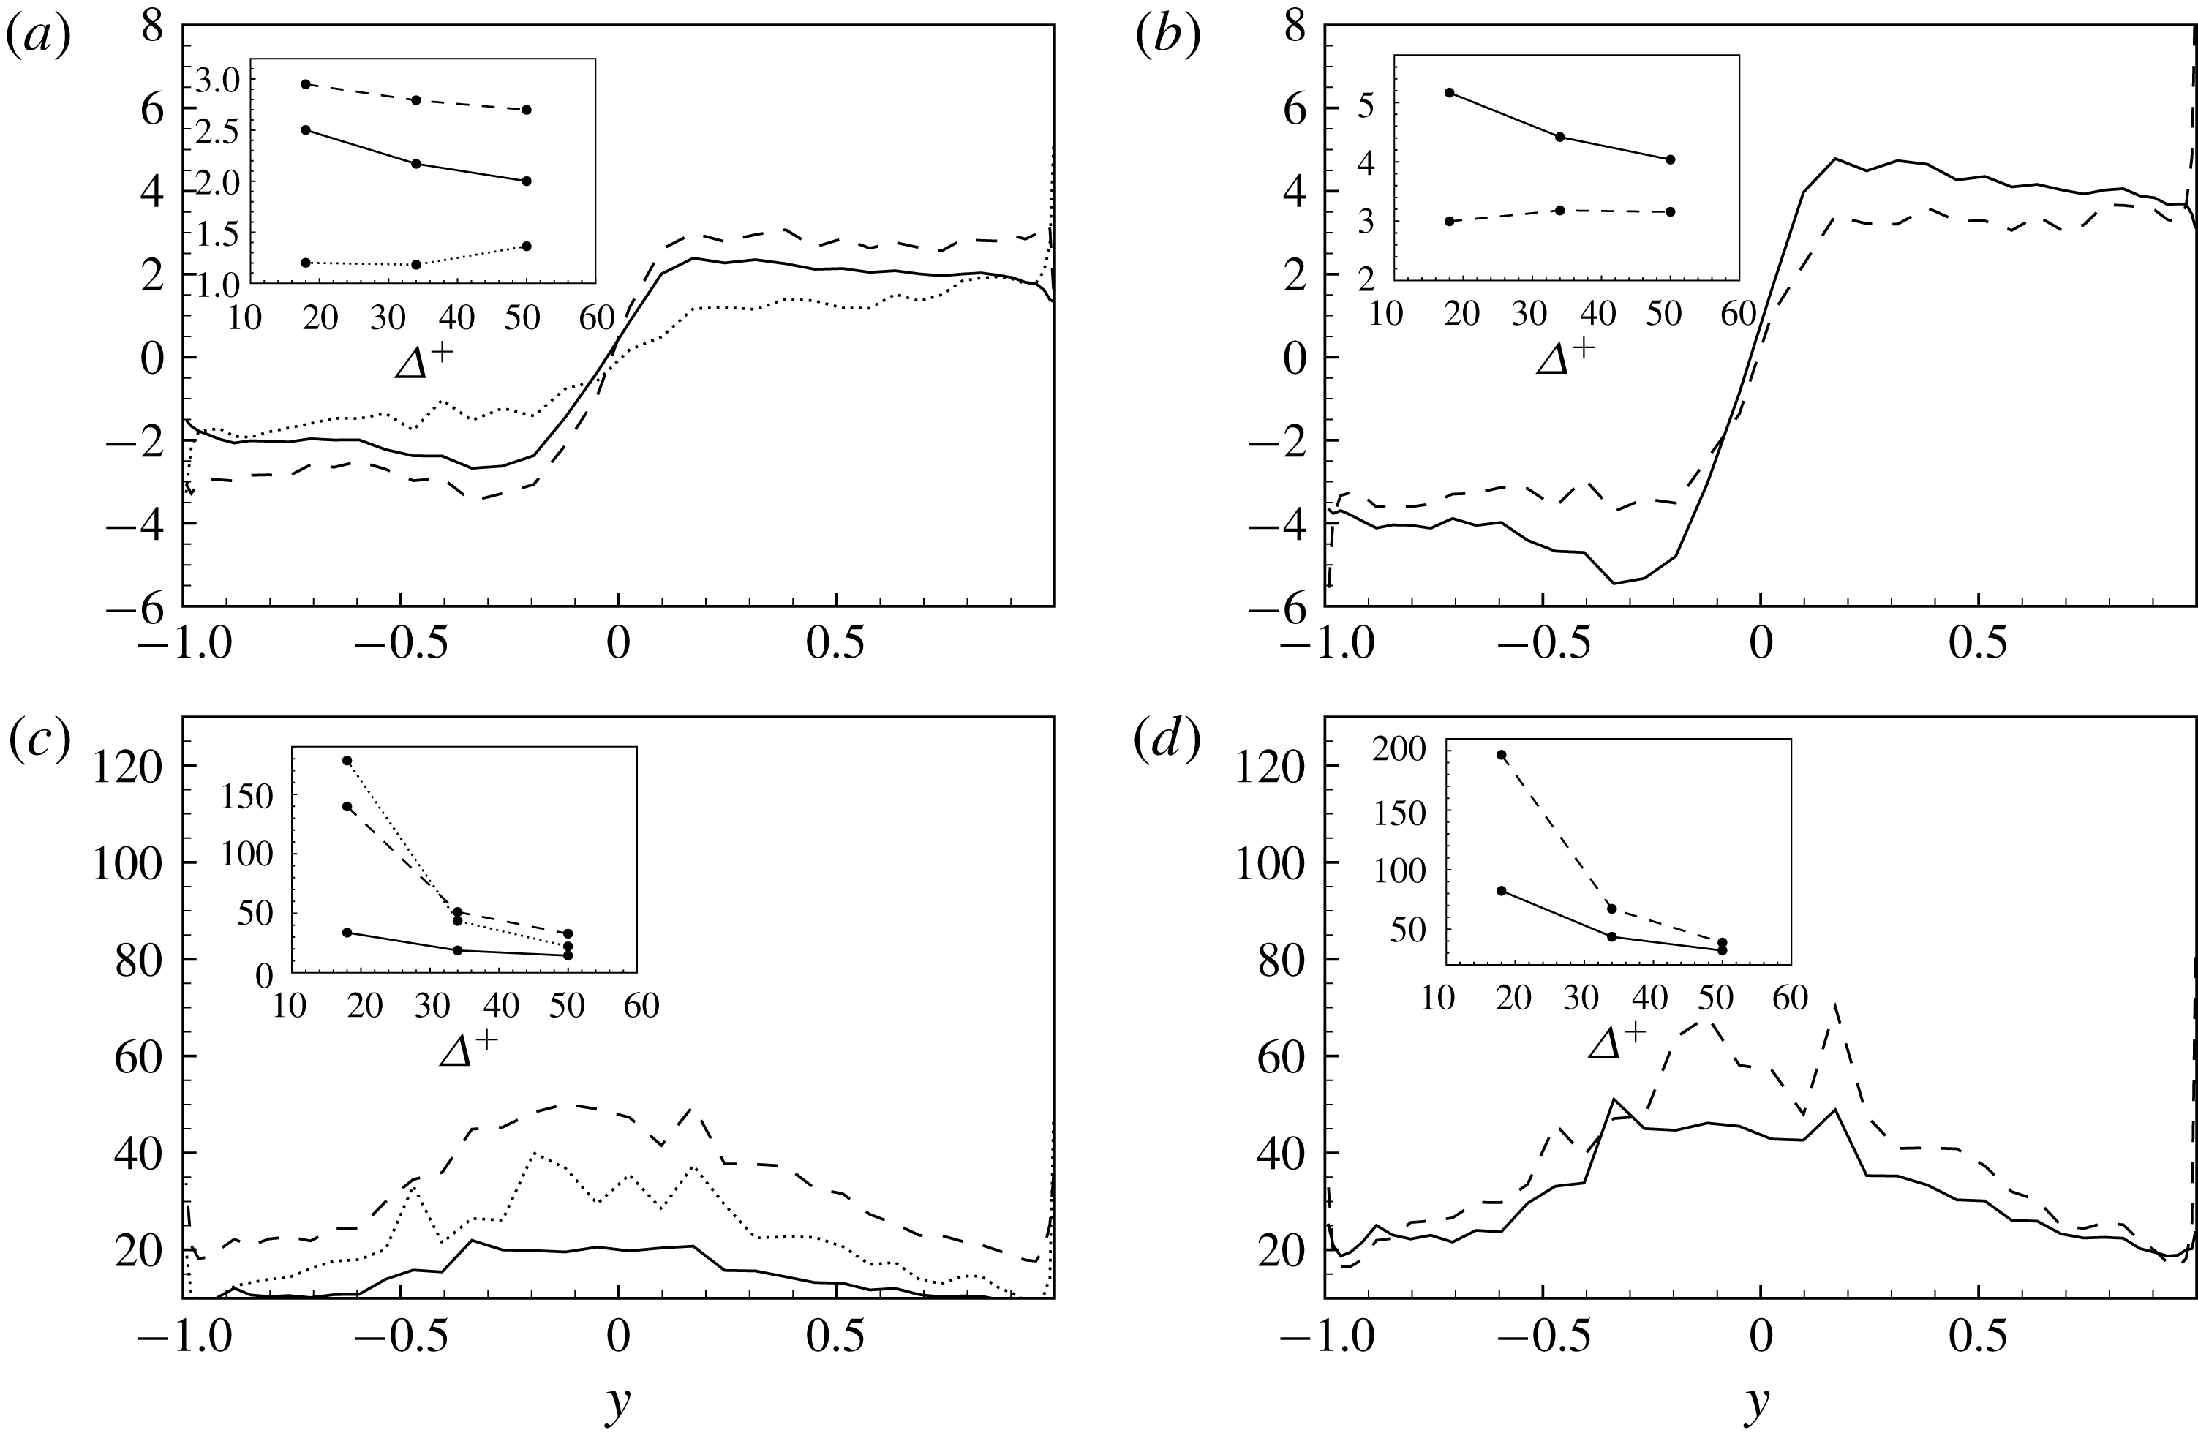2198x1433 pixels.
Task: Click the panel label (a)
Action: [38, 39]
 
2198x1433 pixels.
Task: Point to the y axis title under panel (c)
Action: [618, 1402]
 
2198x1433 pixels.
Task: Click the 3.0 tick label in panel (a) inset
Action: [218, 81]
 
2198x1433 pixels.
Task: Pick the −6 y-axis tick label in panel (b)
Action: [1278, 606]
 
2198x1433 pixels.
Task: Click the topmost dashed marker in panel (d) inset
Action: [1502, 754]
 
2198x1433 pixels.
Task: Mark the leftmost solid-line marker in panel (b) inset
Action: [1449, 92]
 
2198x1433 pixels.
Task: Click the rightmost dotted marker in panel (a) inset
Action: [527, 246]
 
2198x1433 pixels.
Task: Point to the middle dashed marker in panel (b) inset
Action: [1560, 211]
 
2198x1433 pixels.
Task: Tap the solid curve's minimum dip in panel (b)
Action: [1614, 582]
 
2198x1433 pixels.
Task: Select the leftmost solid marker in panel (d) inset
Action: [1502, 890]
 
